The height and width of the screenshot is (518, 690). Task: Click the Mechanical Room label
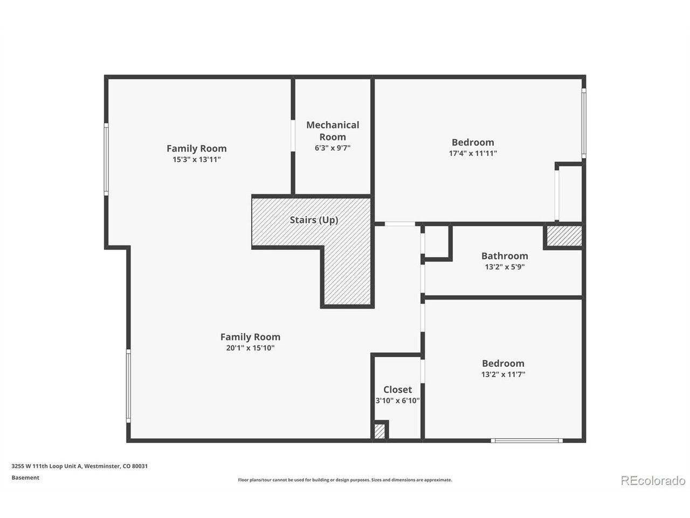(x=333, y=131)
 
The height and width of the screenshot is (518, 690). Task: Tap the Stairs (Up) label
(x=314, y=220)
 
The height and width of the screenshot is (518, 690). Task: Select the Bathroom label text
(x=505, y=256)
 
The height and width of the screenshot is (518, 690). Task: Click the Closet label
(x=397, y=390)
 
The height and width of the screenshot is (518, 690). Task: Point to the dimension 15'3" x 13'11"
(x=196, y=160)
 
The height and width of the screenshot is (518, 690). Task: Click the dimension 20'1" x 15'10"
(x=250, y=348)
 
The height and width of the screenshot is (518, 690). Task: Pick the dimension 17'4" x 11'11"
(x=473, y=153)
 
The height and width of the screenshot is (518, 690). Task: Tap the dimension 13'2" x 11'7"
(x=503, y=374)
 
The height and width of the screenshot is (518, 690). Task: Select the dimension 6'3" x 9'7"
(x=333, y=148)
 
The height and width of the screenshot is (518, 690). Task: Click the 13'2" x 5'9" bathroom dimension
(x=505, y=267)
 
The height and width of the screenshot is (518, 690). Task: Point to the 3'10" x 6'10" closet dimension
(x=397, y=400)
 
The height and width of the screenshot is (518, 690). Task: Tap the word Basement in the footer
(x=25, y=478)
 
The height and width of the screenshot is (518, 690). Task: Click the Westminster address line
(x=80, y=466)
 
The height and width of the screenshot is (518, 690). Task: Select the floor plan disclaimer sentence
(x=345, y=480)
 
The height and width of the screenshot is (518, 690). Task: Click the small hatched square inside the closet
(x=379, y=431)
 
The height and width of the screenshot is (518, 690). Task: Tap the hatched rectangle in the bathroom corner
(x=564, y=236)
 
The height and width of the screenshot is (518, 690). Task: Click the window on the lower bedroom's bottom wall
(x=527, y=440)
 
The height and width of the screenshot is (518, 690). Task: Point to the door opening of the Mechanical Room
(x=293, y=135)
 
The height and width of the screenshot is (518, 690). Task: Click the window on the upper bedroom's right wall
(x=584, y=123)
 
